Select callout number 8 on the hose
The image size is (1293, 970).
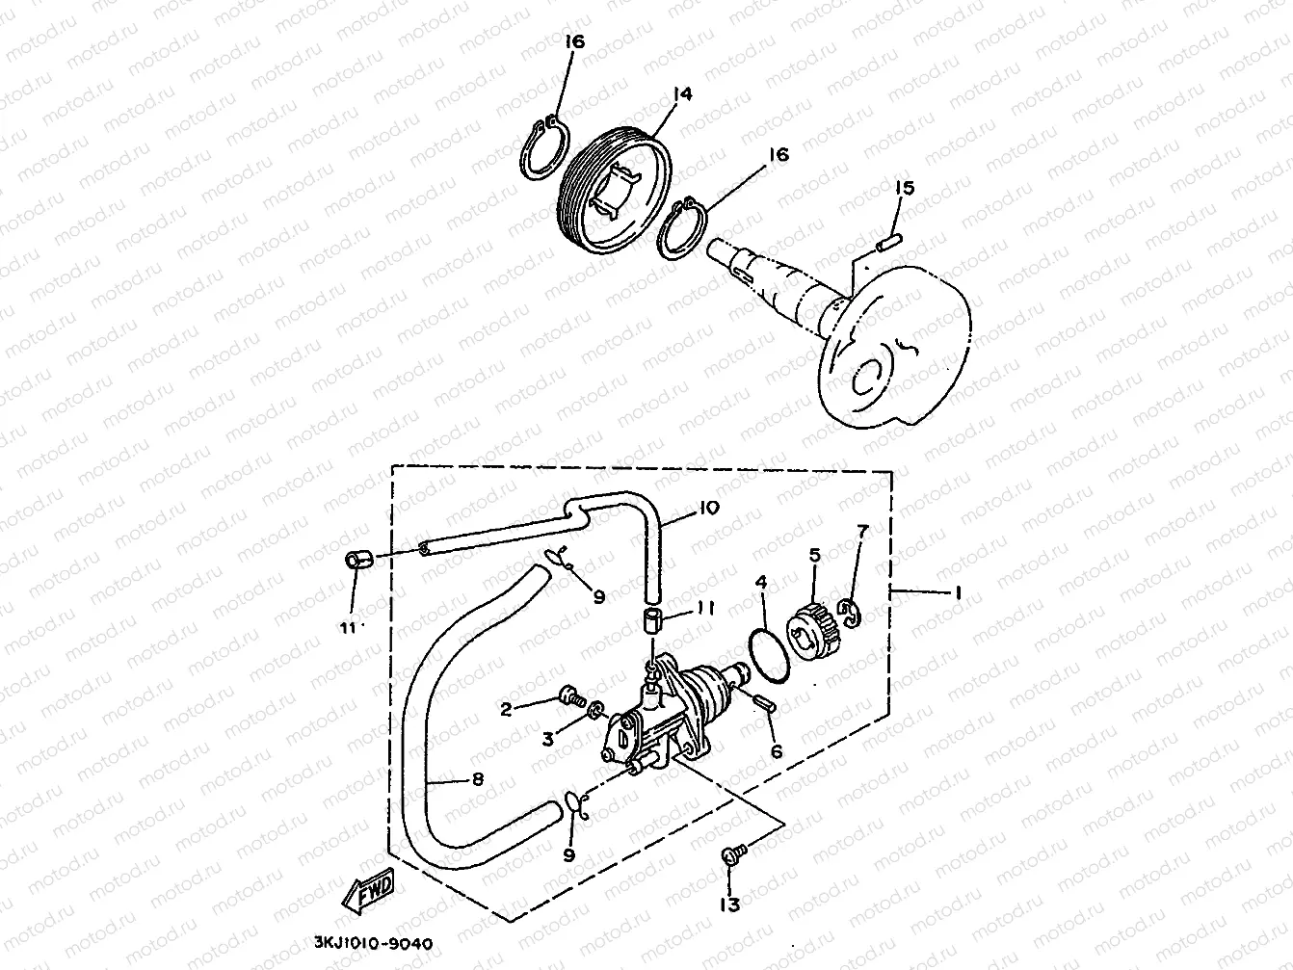(x=476, y=780)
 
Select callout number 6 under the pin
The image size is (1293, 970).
(x=776, y=752)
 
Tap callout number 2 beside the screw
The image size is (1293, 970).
(x=504, y=709)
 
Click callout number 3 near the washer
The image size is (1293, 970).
(x=549, y=739)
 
